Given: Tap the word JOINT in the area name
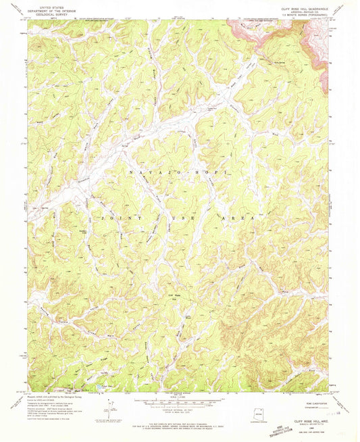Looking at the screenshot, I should point(114,219).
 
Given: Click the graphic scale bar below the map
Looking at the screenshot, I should point(179,401).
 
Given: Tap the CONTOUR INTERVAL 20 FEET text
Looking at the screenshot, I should point(179,408).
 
